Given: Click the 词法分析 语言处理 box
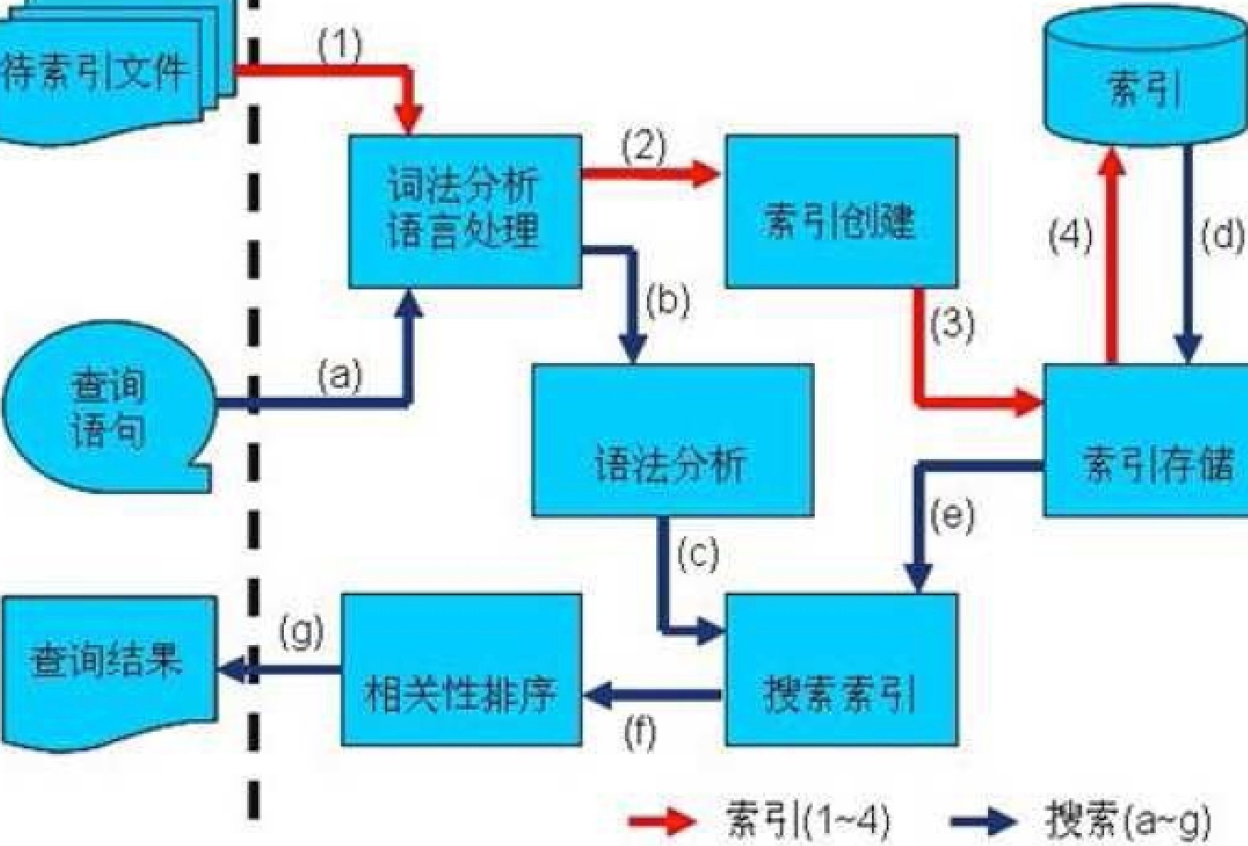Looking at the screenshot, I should pos(465,211).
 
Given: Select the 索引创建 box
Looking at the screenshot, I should pos(841,211).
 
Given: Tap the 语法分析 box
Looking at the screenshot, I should pos(672,441).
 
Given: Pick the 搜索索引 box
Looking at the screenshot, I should pos(841,669).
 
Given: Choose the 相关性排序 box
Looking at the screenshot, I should pos(462,669).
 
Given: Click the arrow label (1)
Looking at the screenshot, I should pos(339,44).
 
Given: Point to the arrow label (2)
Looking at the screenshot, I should pos(642,146).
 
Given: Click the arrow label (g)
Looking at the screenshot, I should pos(301,632).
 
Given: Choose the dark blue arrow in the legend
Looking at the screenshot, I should pos(983,819).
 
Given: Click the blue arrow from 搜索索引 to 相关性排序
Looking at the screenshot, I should pos(653,694).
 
